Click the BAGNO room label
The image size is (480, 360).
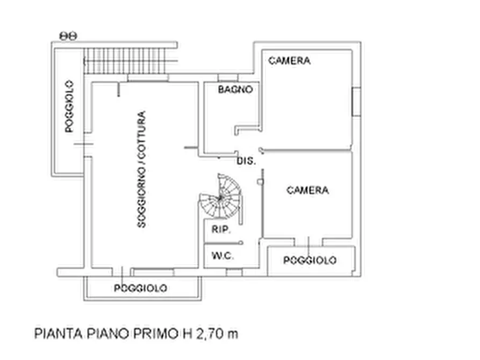[x=235, y=90]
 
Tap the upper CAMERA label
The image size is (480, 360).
[x=289, y=61]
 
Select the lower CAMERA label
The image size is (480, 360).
[x=307, y=190]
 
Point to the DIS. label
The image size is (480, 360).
[x=246, y=161]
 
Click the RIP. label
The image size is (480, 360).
[x=221, y=230]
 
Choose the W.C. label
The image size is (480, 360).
[x=222, y=256]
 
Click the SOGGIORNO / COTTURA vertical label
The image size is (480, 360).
[x=141, y=169]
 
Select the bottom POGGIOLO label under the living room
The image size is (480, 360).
[x=141, y=289]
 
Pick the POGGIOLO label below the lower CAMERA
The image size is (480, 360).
[x=310, y=261]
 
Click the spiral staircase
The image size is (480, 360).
[x=221, y=198]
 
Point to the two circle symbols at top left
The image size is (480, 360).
[x=68, y=36]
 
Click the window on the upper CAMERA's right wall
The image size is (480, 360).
[x=355, y=102]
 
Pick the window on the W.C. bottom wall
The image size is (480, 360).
[x=234, y=272]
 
